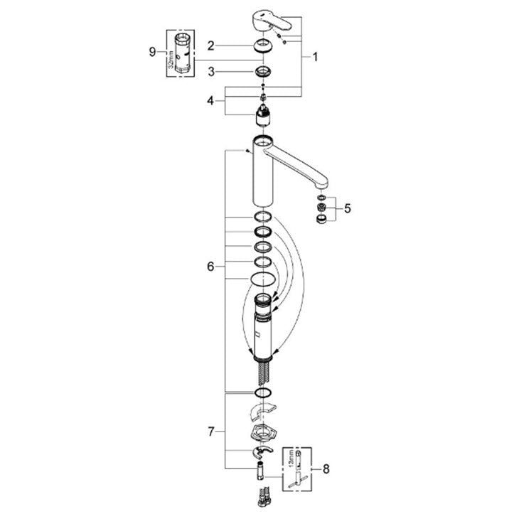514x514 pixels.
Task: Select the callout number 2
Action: (x=210, y=46)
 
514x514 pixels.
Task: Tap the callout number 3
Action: (x=210, y=72)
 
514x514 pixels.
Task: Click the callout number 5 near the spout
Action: (x=347, y=208)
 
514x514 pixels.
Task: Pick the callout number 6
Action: (x=210, y=266)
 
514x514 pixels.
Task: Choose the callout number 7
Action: (x=210, y=431)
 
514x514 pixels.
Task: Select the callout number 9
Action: (x=151, y=51)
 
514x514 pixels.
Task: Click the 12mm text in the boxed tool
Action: (x=291, y=466)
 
